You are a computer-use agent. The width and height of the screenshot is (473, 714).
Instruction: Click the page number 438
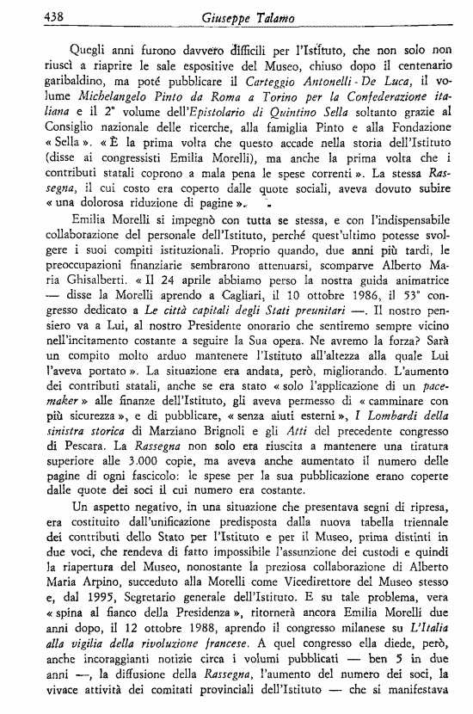[x=31, y=14]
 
